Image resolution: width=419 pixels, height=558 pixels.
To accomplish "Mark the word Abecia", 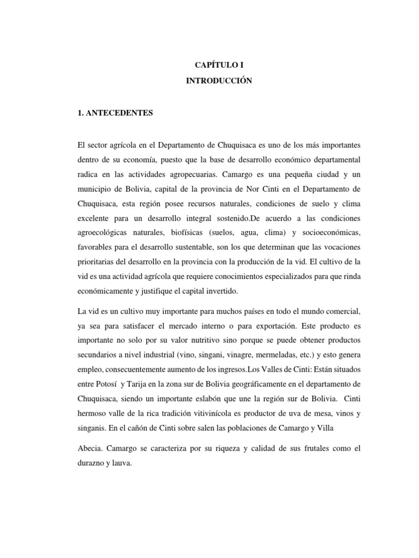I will pos(90,451).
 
